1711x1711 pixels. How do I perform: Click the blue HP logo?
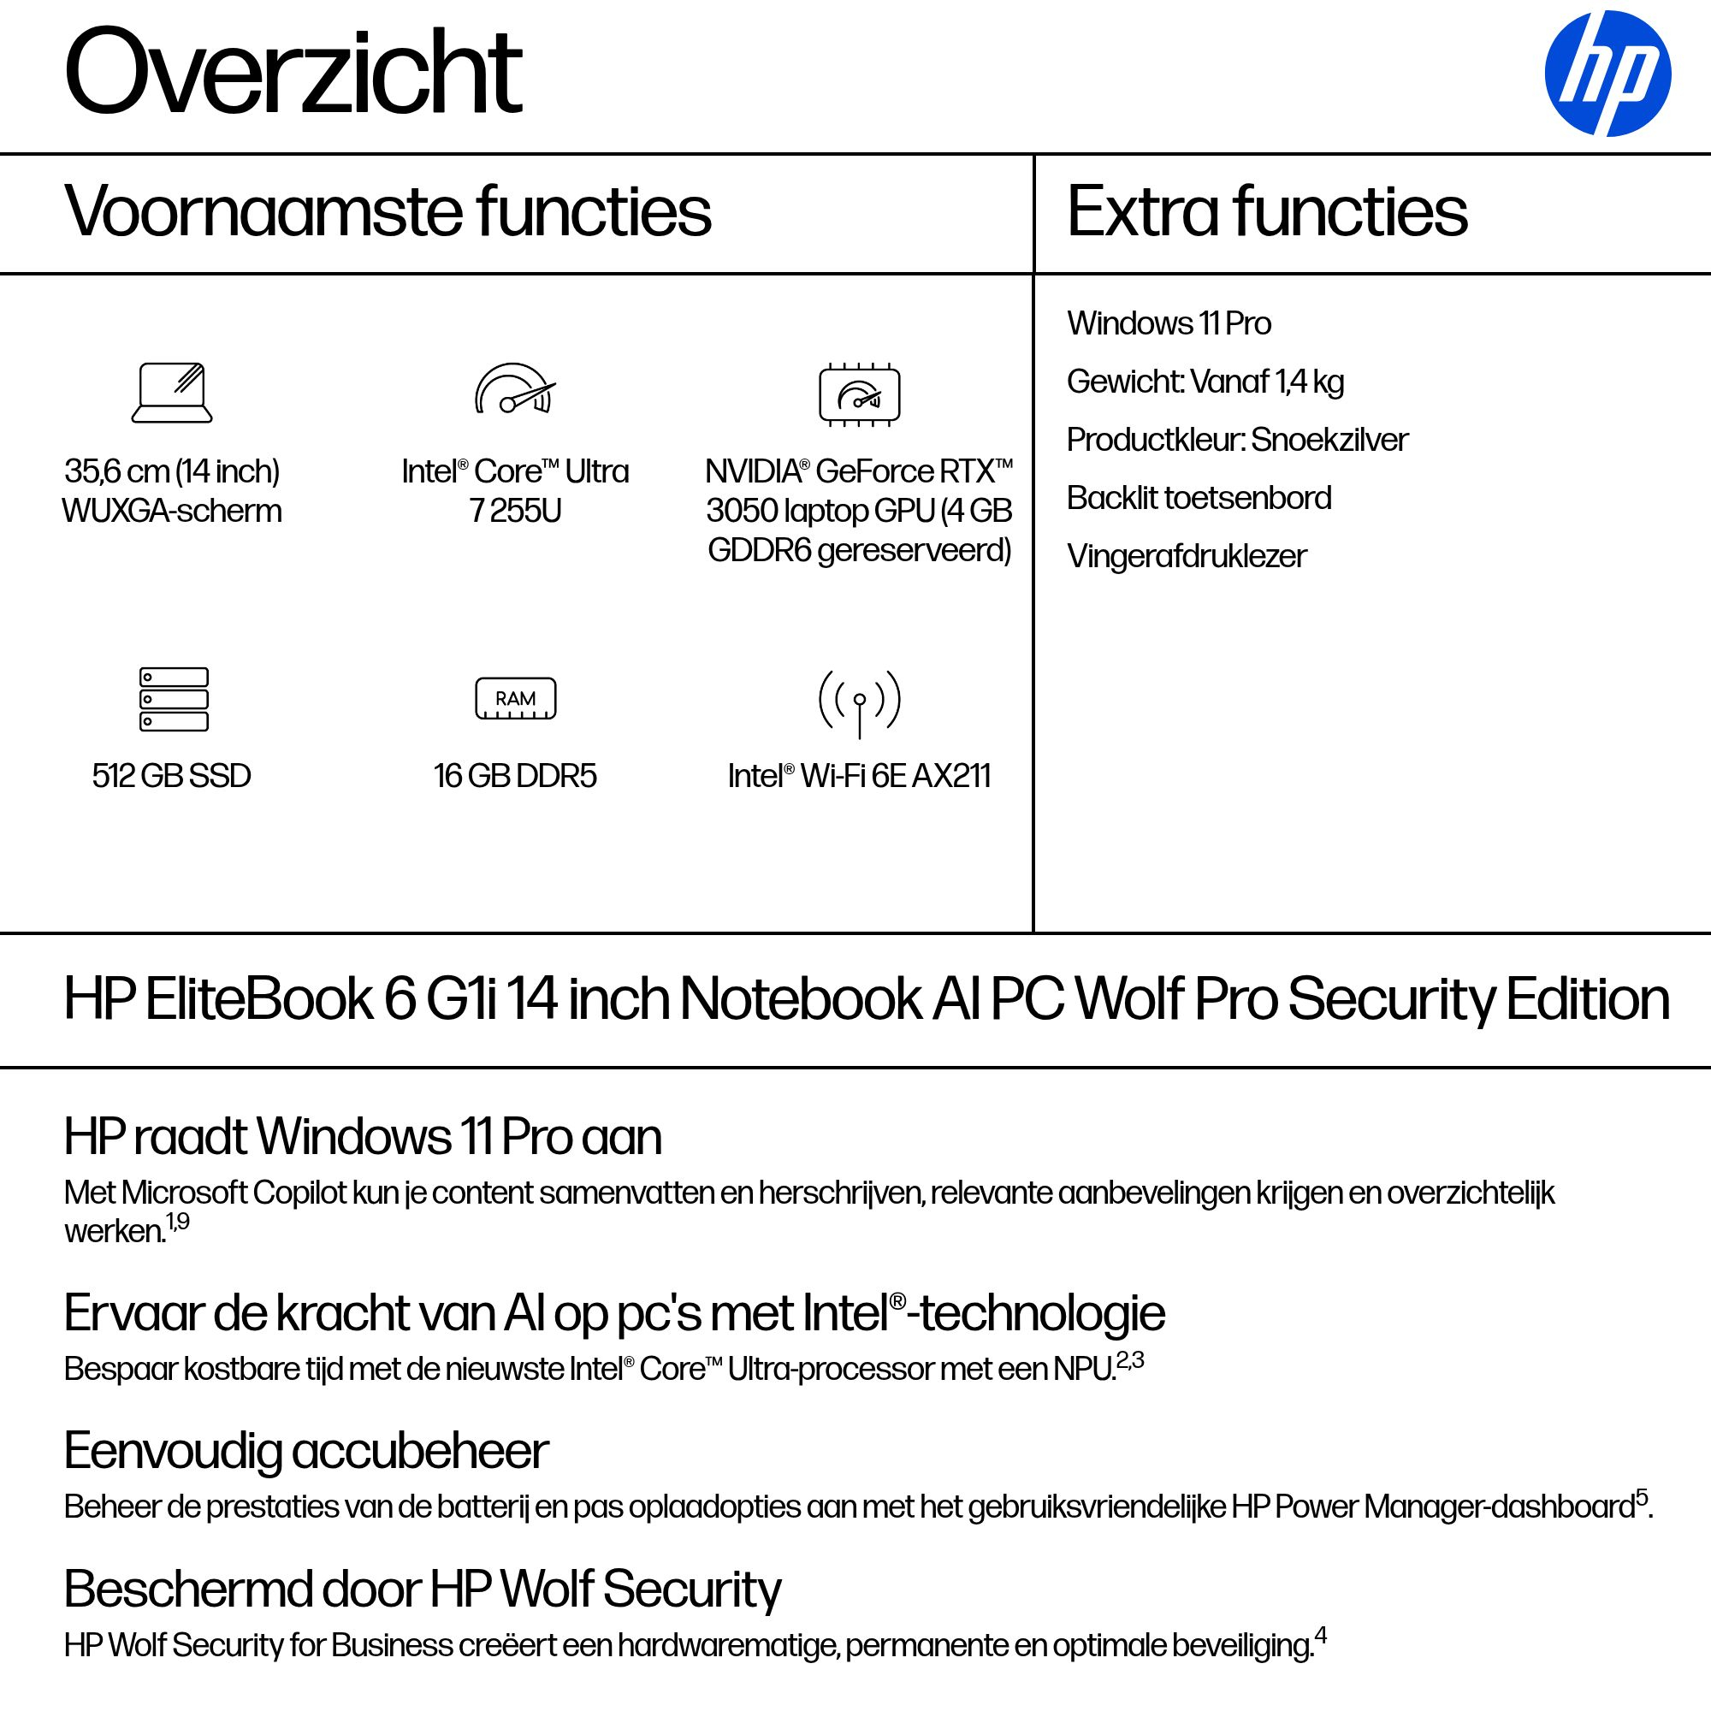coord(1607,74)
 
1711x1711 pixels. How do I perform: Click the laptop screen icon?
coord(172,393)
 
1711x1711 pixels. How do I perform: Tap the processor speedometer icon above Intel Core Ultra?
coord(514,389)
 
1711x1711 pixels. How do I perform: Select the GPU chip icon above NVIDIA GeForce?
coord(859,394)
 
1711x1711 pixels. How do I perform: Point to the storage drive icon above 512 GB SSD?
coord(174,699)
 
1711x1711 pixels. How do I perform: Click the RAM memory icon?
coord(515,699)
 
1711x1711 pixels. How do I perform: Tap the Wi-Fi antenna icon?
coord(859,702)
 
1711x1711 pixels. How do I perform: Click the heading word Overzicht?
coord(293,73)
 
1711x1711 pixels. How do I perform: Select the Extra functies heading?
coord(1266,211)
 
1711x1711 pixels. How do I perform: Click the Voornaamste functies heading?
coord(387,211)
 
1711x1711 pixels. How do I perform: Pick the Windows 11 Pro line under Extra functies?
coord(1168,324)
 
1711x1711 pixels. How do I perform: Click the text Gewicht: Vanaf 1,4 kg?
coord(1205,382)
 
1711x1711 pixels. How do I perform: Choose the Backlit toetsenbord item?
coord(1199,499)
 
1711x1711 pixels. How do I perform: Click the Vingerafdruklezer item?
coord(1186,556)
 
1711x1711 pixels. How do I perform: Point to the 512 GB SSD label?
coord(172,776)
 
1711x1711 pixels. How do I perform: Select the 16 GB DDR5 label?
coord(515,776)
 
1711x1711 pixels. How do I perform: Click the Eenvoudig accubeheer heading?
coord(306,1451)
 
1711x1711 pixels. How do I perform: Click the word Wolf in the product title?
coord(1128,999)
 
